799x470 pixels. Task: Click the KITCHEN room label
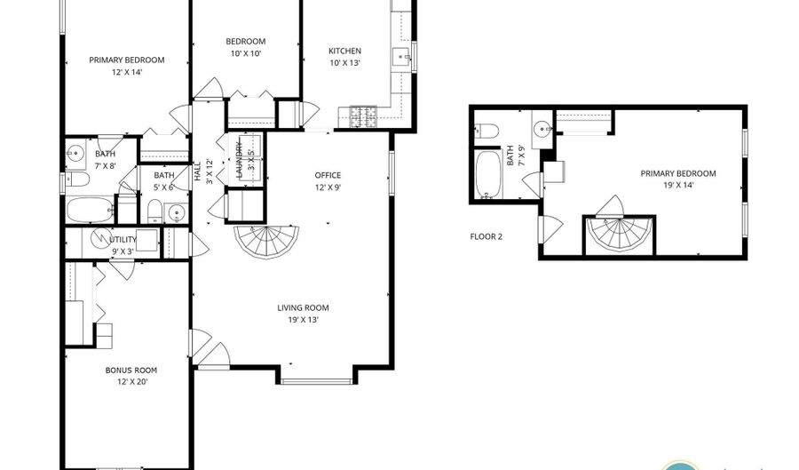[345, 51]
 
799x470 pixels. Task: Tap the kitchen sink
[401, 58]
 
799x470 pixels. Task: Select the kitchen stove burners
[363, 116]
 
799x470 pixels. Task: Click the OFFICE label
[328, 175]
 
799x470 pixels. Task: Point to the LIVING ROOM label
[304, 308]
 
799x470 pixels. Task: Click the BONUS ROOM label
[131, 370]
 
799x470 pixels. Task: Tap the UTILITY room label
[123, 240]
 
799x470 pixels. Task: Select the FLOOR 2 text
[487, 236]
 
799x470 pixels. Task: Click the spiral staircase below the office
[266, 243]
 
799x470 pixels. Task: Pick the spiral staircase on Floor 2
[619, 235]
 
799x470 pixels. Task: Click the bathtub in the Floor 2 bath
[488, 174]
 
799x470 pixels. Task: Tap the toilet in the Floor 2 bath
[487, 131]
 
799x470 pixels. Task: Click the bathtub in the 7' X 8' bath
[90, 210]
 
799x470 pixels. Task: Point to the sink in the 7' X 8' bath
[76, 152]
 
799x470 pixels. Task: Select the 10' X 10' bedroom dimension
[246, 53]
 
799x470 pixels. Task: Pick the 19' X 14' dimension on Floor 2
[678, 185]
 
